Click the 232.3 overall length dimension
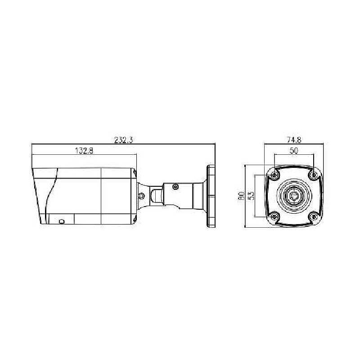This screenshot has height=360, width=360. [x=123, y=140]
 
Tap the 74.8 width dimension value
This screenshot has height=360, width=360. [x=293, y=139]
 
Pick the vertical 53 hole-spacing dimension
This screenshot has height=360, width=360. [x=252, y=196]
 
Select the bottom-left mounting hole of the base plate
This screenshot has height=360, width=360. [x=275, y=217]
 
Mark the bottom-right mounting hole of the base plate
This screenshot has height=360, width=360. [x=313, y=217]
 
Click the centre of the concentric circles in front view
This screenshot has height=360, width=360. [x=294, y=196]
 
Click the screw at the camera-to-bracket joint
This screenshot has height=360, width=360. [x=141, y=196]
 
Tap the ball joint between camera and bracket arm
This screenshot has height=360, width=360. [x=156, y=196]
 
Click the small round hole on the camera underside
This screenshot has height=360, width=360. [x=61, y=221]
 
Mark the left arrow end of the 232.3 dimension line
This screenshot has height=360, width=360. [x=32, y=144]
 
